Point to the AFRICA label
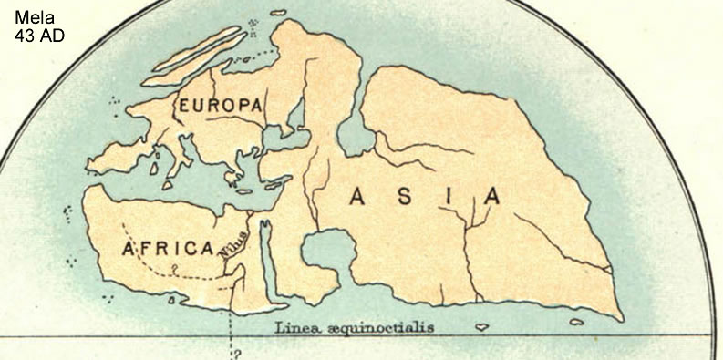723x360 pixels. coord(168,248)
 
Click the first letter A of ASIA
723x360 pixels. coord(357,196)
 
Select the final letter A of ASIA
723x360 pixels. coord(491,196)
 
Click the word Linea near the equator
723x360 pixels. coord(294,326)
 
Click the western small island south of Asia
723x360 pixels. coord(481,325)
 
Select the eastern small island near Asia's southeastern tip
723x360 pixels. coord(576,321)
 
